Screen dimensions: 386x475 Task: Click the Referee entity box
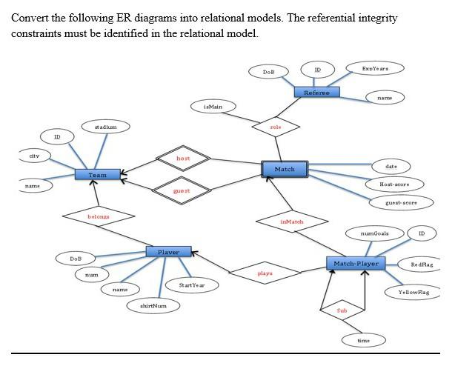316,93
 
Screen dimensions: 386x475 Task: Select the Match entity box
285,169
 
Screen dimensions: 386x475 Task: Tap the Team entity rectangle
98,175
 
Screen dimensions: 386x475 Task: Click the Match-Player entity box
356,263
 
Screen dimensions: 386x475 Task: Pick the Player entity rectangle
168,252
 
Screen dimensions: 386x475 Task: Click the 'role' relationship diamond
276,127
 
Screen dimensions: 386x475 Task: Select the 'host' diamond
183,159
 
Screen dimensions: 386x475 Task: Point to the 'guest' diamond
182,190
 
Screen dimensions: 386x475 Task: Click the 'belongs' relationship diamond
99,216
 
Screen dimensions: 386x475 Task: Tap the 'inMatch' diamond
292,222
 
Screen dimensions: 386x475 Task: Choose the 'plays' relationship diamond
265,273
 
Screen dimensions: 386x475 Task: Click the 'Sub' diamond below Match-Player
342,310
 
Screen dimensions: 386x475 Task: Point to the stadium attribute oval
105,127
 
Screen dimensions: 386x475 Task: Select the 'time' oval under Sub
363,340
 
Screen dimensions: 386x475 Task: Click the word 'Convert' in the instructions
27,18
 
